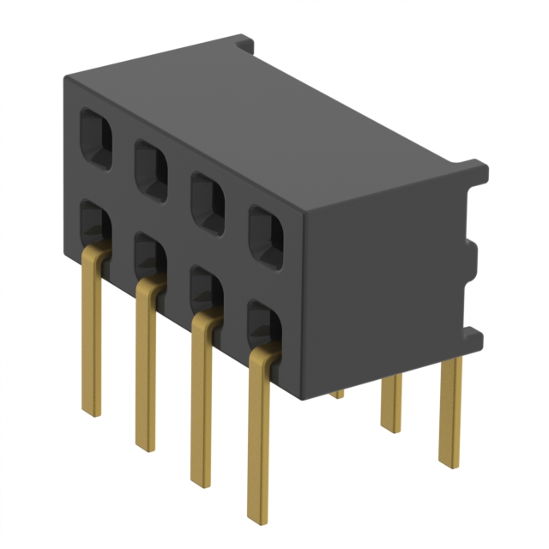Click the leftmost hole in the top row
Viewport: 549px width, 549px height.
point(95,136)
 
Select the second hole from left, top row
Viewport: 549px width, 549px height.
point(151,169)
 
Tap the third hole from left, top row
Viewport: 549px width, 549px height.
point(207,201)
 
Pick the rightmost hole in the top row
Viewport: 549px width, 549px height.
point(266,234)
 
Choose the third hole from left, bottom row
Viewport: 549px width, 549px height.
point(206,289)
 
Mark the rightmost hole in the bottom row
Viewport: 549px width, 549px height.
point(265,323)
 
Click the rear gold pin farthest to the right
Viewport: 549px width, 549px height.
point(450,412)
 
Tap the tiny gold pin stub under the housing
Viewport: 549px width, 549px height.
point(337,394)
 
